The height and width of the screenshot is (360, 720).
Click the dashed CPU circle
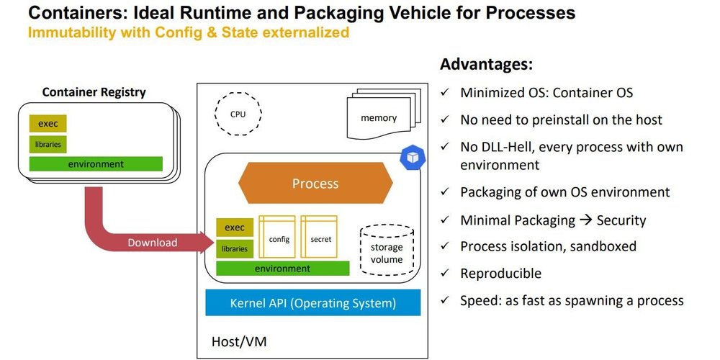[x=238, y=114]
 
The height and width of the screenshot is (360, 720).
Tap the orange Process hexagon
[x=315, y=184]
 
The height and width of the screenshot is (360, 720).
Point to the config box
[x=279, y=238]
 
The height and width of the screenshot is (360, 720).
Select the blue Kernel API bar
[x=312, y=303]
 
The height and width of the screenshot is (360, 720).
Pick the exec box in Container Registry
[x=48, y=123]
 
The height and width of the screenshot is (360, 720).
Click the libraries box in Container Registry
[x=48, y=144]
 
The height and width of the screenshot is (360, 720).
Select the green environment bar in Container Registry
[x=96, y=164]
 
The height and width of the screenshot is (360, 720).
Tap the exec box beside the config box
[x=235, y=228]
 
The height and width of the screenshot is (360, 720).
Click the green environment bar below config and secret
[x=282, y=269]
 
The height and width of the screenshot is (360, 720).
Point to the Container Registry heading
[x=94, y=91]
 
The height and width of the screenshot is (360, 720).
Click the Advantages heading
[x=486, y=65]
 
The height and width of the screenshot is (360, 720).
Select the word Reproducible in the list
[x=500, y=274]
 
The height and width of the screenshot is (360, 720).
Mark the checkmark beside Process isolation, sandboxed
[x=446, y=246]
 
